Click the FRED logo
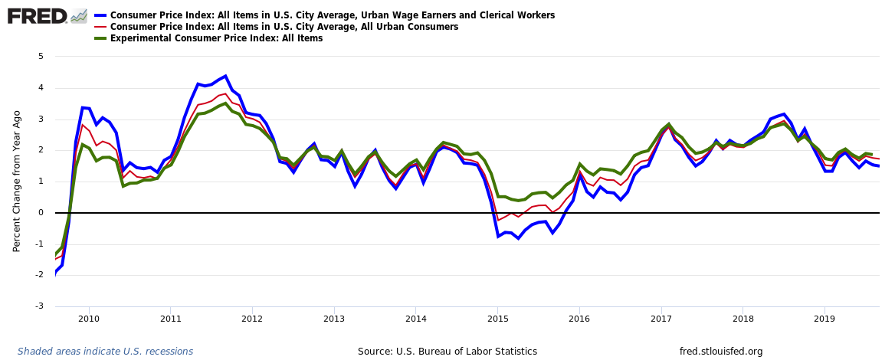click(37, 15)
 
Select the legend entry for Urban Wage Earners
click(332, 15)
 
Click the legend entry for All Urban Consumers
click(284, 27)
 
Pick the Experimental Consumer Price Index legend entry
click(216, 38)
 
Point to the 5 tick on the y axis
click(41, 57)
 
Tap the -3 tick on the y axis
click(39, 306)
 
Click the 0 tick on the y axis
click(41, 213)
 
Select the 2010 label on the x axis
click(88, 319)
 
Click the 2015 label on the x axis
click(497, 319)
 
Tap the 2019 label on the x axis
click(824, 319)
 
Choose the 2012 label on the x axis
click(252, 319)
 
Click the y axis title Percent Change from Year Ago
click(17, 181)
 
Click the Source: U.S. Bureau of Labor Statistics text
click(447, 352)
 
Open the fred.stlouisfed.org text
click(721, 352)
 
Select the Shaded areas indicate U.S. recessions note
click(105, 352)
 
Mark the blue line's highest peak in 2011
click(225, 77)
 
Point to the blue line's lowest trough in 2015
click(518, 238)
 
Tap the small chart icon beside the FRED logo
click(78, 15)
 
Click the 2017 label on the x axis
click(661, 319)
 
